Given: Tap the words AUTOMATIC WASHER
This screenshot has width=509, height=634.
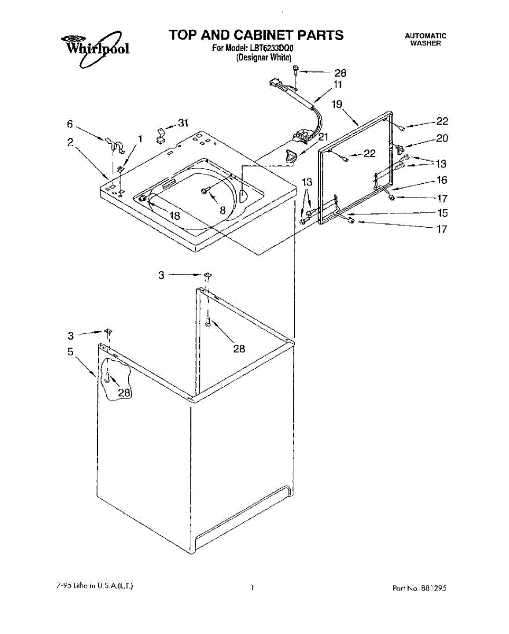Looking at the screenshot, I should (425, 40).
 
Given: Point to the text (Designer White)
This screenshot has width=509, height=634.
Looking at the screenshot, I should (263, 58).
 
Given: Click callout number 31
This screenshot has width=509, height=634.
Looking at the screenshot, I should (183, 123).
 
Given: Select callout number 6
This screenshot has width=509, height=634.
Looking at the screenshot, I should (70, 124).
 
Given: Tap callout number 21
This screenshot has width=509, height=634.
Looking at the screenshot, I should (323, 136).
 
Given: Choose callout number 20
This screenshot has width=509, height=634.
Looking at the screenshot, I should (442, 138).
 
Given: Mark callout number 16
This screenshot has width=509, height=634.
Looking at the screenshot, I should (442, 180).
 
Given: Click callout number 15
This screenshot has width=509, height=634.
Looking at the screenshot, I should (442, 213).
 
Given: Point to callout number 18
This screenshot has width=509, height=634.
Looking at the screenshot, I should (175, 215).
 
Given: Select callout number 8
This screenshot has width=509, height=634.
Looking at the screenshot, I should (223, 210).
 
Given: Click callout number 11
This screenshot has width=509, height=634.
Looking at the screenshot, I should (338, 85).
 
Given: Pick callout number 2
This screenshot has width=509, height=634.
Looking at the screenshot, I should (70, 142).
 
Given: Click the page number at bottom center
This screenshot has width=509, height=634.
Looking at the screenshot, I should (253, 587).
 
